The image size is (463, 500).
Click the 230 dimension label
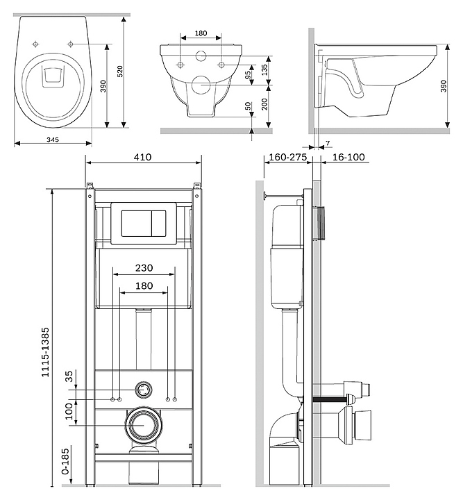point(144,268)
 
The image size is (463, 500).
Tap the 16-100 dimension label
point(348,158)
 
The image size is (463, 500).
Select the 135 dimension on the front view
point(264,69)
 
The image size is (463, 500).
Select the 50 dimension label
point(249,106)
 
